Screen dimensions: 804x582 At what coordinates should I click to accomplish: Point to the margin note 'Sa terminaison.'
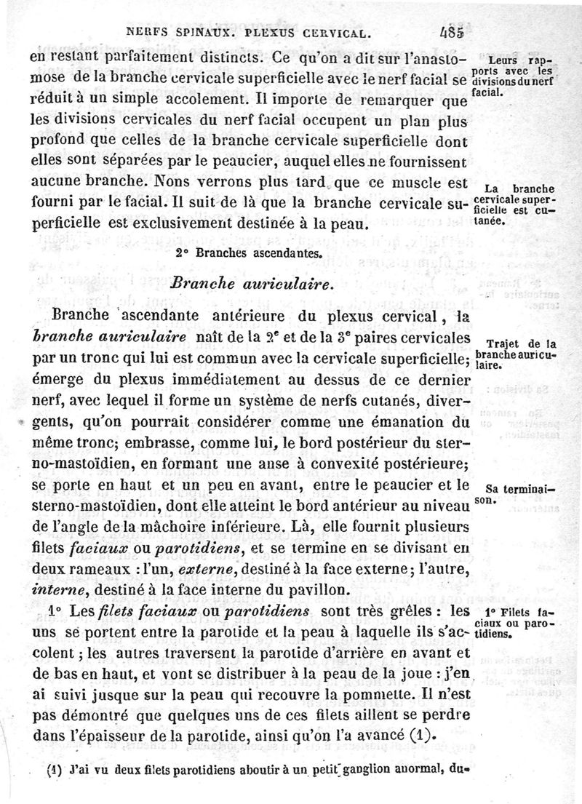(x=514, y=495)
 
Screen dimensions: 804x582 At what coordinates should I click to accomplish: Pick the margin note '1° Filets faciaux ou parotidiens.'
(x=514, y=622)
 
